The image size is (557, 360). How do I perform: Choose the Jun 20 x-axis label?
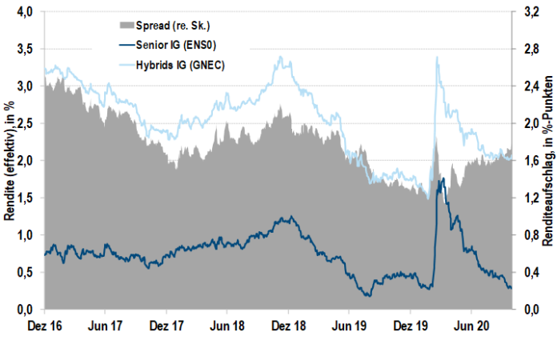pyautogui.click(x=471, y=326)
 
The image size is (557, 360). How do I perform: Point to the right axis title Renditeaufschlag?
pyautogui.click(x=546, y=160)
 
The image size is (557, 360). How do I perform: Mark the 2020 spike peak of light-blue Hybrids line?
pyautogui.click(x=437, y=58)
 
